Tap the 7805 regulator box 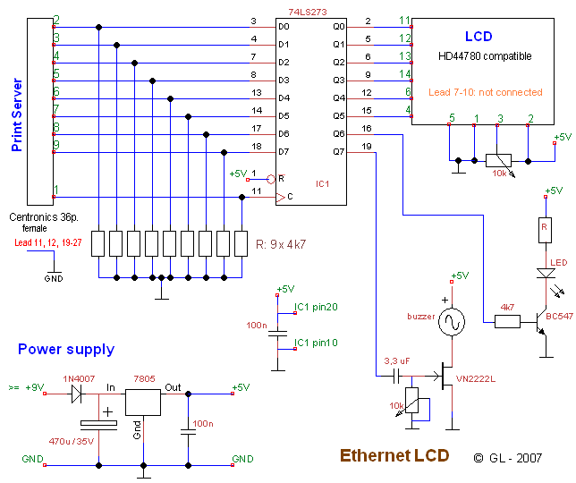142,403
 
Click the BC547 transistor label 559,316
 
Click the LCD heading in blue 478,37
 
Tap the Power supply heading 66,349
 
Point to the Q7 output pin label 337,151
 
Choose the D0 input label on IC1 284,27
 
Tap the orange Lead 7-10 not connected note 485,92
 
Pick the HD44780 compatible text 485,56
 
